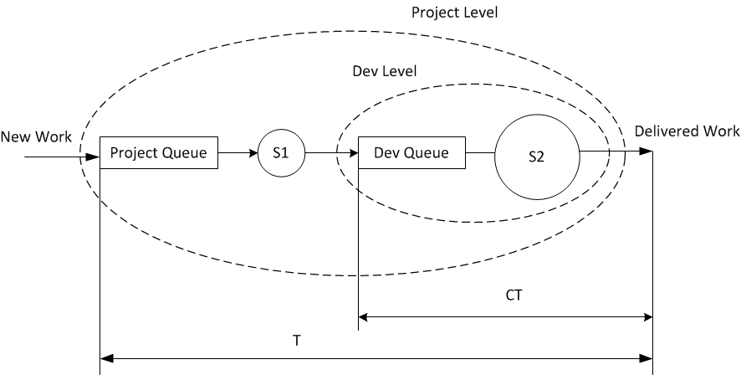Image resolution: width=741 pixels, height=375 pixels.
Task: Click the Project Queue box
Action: [x=159, y=153]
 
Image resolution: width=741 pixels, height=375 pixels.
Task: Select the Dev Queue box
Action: [x=411, y=153]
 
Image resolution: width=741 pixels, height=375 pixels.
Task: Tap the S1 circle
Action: [x=279, y=153]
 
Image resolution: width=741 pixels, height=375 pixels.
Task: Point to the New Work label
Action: [x=36, y=136]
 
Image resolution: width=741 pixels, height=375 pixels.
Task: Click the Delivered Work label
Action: [x=687, y=131]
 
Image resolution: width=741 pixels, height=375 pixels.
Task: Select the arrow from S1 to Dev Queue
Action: [x=330, y=153]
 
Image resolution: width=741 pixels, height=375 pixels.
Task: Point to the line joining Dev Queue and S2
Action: [x=479, y=153]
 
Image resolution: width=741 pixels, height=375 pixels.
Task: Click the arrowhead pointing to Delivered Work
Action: [x=646, y=152]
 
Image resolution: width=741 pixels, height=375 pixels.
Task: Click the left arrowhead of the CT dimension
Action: [x=364, y=316]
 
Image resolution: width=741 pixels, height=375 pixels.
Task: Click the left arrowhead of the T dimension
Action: [x=105, y=359]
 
